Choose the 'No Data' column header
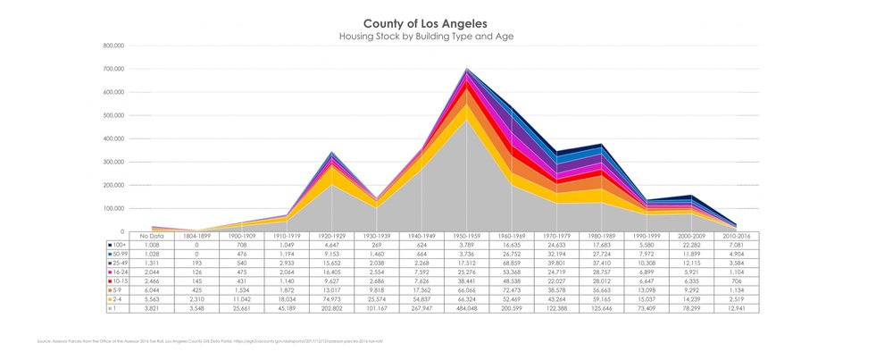tap(138, 235)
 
